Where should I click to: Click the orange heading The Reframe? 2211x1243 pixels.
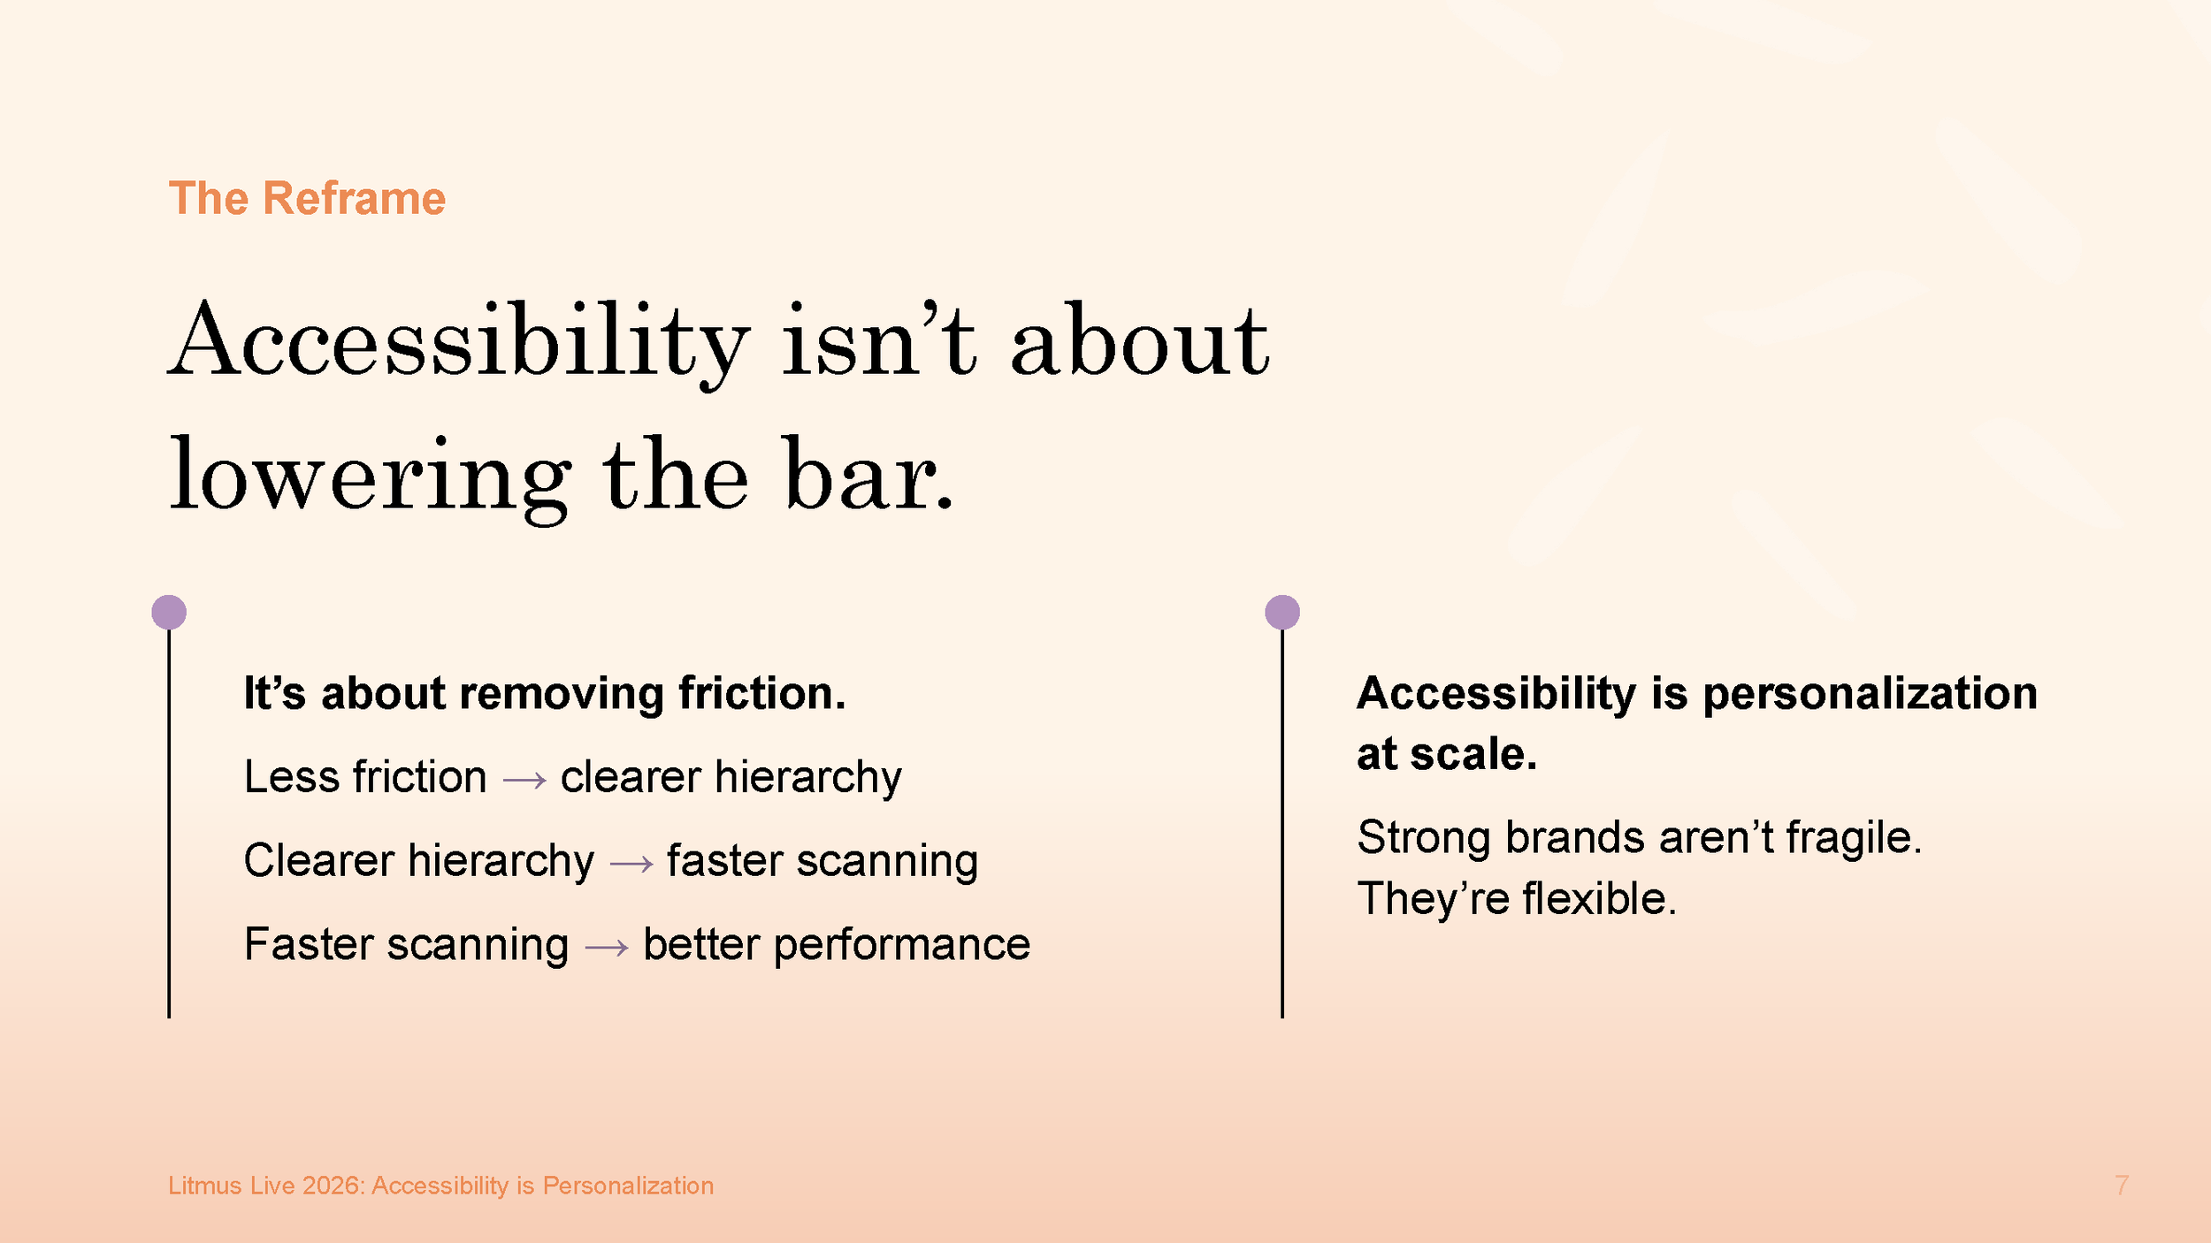(x=307, y=198)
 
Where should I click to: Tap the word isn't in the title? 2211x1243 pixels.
(x=878, y=341)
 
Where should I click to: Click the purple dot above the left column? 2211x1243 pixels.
(x=169, y=612)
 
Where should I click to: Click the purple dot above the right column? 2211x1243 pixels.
(x=1281, y=612)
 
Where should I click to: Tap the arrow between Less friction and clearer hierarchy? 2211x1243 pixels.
(x=524, y=780)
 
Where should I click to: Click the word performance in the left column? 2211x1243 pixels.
(x=901, y=945)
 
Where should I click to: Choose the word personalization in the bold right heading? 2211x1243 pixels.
(x=1870, y=693)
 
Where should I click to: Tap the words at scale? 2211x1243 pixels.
(x=1446, y=754)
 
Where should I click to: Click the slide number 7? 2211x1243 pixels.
(x=2121, y=1186)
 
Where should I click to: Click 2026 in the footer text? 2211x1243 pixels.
(x=332, y=1186)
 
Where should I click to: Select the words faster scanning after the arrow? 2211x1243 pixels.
(x=822, y=861)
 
